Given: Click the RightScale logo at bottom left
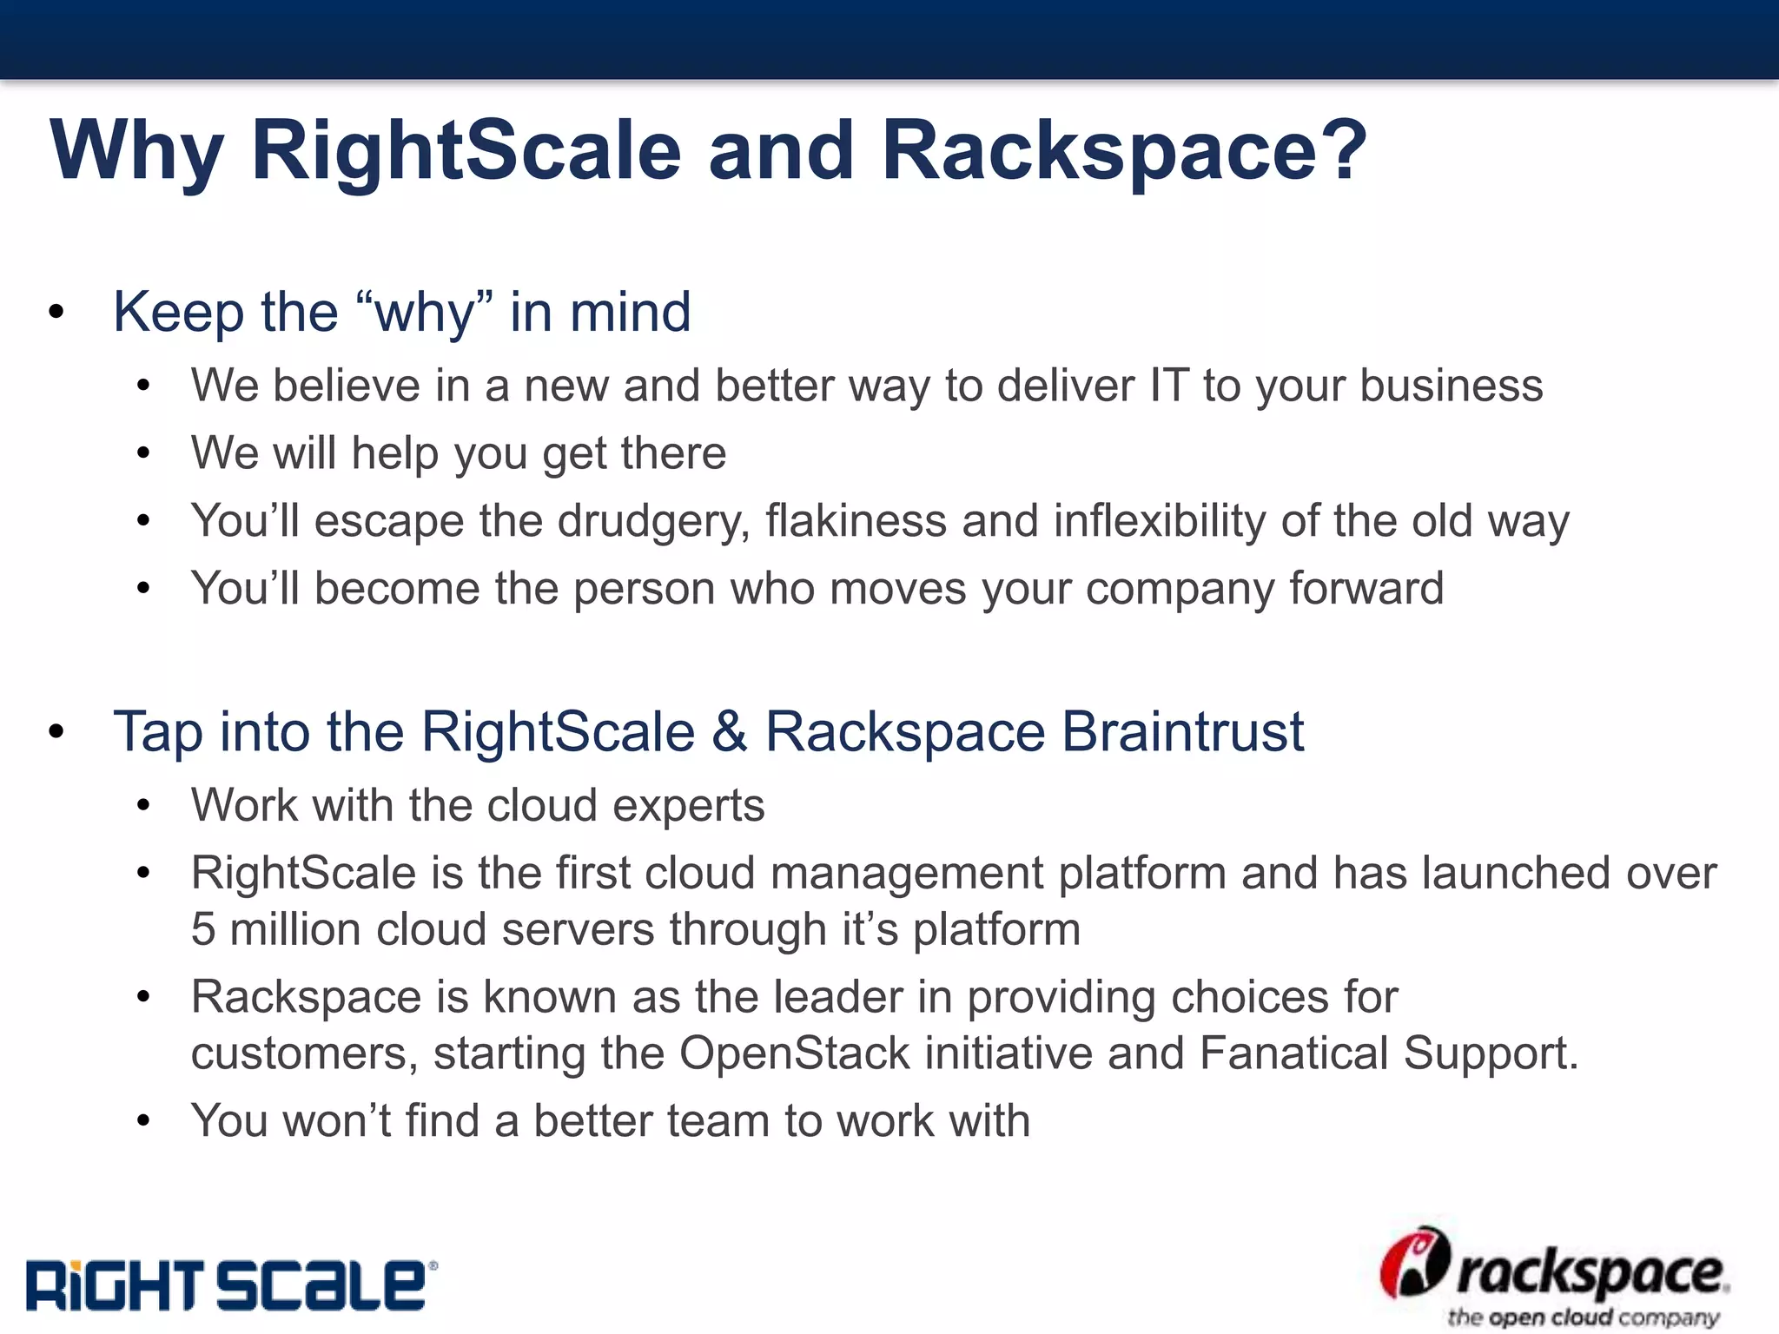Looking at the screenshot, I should coord(230,1285).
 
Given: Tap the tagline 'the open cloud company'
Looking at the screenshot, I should coord(1583,1317).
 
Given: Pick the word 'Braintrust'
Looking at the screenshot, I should coord(1182,731).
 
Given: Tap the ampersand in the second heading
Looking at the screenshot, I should coord(730,731).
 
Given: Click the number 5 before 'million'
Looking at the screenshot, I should coord(203,929).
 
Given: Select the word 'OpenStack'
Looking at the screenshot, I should coord(794,1053).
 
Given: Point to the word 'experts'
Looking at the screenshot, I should coord(688,805).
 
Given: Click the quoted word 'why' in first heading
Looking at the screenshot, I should coord(424,313).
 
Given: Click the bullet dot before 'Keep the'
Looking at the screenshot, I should coord(56,313).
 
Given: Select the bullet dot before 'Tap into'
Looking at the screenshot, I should coord(56,732).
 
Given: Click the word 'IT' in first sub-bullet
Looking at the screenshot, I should coord(1169,386).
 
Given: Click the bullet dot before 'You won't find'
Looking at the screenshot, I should coord(144,1121).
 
